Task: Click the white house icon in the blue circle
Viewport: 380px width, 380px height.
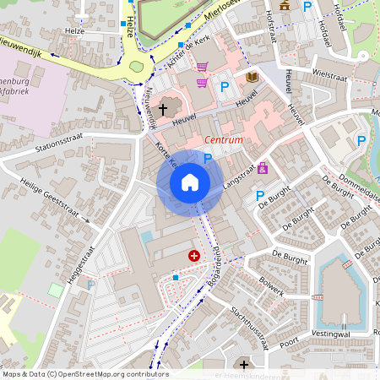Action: pos(190,182)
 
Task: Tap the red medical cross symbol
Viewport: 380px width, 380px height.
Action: pos(195,254)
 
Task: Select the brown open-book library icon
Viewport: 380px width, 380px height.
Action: pos(252,78)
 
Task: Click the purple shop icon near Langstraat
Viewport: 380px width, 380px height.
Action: pos(263,169)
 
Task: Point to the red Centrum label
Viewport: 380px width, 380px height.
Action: pos(225,139)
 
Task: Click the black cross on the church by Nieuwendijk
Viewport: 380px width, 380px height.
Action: pos(163,109)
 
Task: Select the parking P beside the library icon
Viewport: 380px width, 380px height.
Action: pos(225,86)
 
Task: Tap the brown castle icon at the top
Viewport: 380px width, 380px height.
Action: pos(284,5)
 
